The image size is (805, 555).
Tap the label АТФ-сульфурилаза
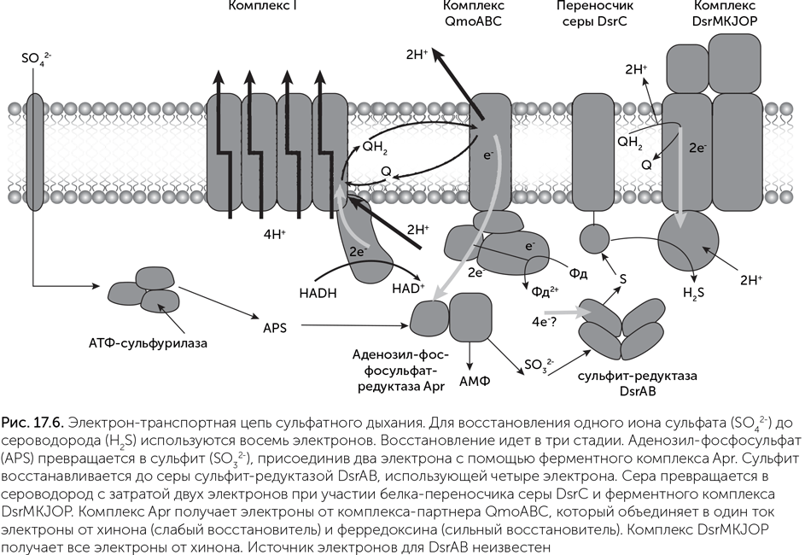(149, 343)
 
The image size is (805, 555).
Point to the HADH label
(318, 291)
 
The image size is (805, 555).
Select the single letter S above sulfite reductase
(623, 278)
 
